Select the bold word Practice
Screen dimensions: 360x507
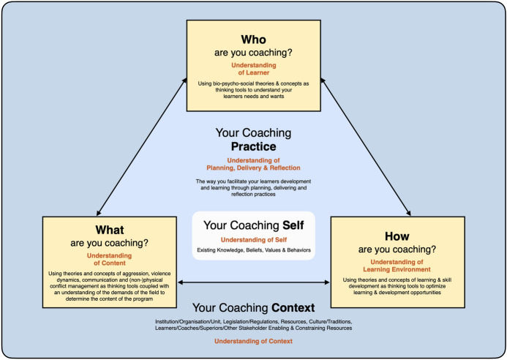[x=254, y=146]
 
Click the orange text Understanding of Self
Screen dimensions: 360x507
[x=254, y=239]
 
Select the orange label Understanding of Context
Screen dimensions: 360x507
[x=253, y=342]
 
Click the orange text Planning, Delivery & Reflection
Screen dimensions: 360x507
[x=254, y=168]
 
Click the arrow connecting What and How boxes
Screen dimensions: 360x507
[x=253, y=282]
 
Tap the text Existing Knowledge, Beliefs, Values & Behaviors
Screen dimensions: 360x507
[x=254, y=251]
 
